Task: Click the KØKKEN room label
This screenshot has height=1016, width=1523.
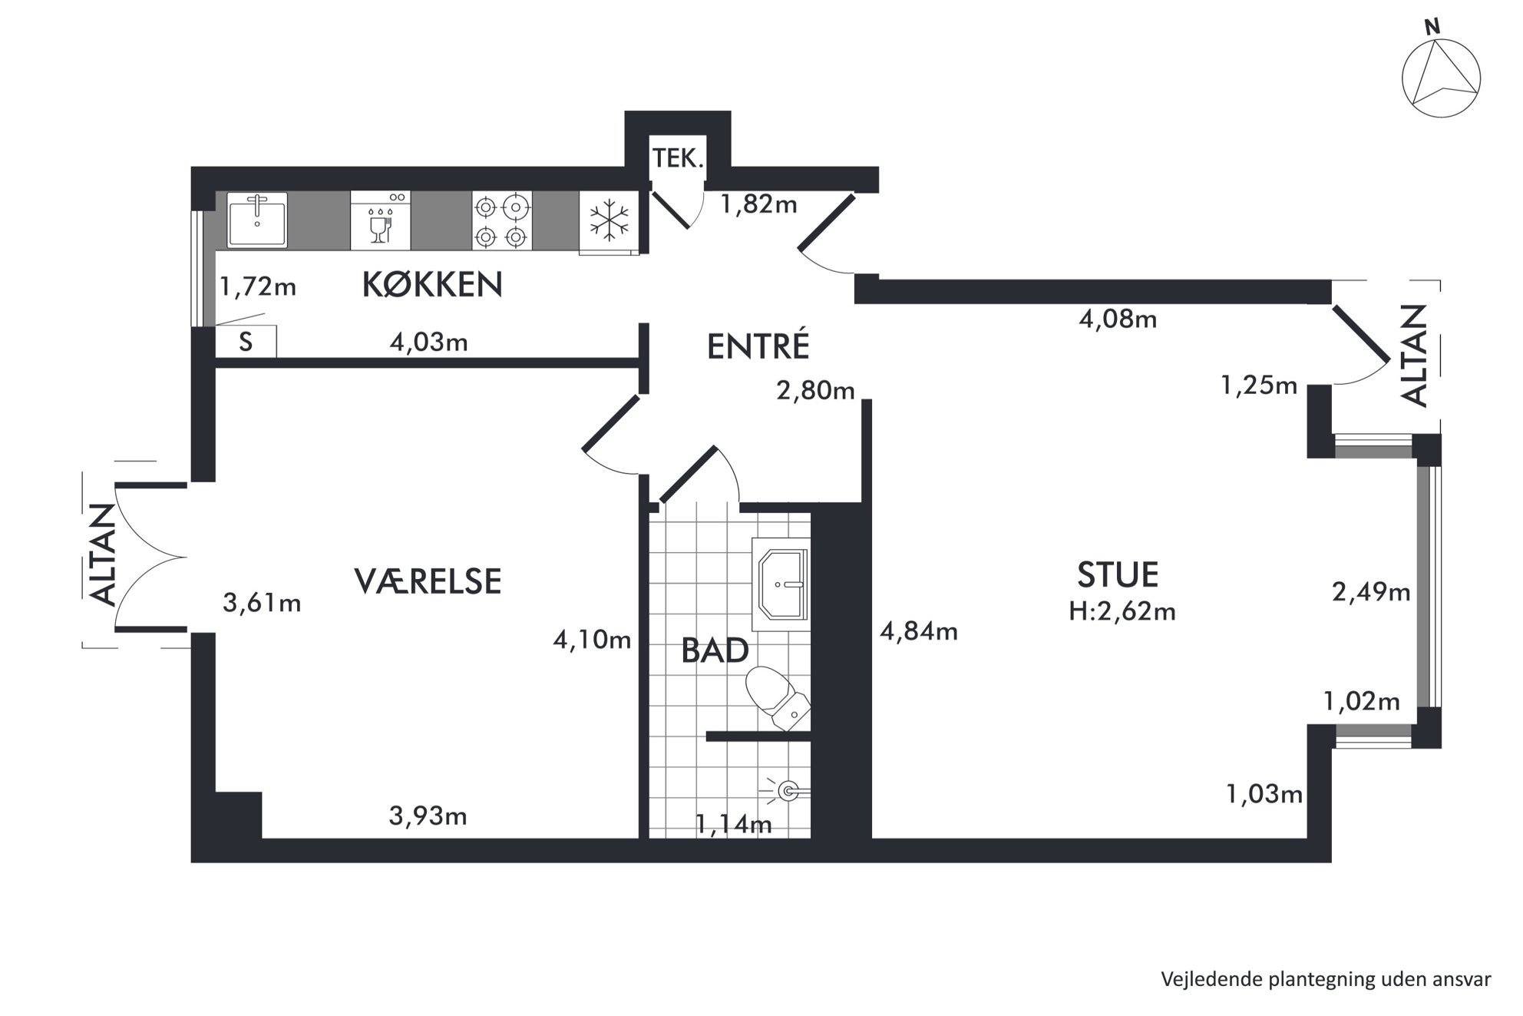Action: [432, 285]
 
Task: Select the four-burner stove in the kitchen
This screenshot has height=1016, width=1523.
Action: [502, 221]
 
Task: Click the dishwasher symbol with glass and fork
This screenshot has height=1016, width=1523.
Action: [381, 220]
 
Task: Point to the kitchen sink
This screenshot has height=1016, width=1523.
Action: [257, 220]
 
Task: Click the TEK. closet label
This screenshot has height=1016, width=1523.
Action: [678, 159]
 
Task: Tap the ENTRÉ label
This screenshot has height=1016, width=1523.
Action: [758, 346]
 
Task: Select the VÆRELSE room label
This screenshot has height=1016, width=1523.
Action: [428, 581]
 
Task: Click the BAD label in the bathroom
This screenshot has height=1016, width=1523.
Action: [715, 651]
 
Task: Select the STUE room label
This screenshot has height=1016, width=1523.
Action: [1117, 575]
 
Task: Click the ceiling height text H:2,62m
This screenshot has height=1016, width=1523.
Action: [1122, 611]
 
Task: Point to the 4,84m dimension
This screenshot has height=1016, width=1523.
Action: [919, 631]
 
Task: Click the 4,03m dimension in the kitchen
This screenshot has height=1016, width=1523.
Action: [428, 342]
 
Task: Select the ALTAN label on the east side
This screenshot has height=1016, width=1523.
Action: [1414, 356]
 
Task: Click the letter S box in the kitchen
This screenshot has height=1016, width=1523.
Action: [246, 342]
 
